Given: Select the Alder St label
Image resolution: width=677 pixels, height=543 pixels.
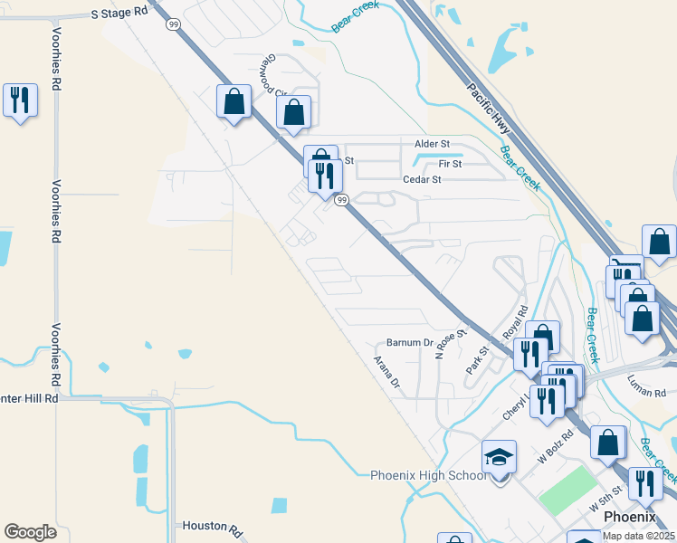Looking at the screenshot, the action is click(x=432, y=144).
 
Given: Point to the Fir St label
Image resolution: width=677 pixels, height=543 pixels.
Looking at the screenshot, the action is click(x=450, y=164).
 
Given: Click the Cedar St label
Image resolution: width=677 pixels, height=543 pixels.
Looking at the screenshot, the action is click(x=422, y=179).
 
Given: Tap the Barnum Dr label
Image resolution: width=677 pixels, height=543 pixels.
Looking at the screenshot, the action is click(x=410, y=342).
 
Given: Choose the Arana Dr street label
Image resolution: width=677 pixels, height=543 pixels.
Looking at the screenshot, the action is click(x=386, y=371).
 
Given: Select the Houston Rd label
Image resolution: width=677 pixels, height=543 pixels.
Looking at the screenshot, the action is click(x=209, y=525).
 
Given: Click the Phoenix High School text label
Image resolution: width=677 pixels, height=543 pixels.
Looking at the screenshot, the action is click(x=429, y=476).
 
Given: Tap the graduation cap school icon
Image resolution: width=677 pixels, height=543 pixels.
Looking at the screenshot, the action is click(x=499, y=458).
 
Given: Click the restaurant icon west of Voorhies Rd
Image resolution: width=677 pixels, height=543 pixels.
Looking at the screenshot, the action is click(x=20, y=100).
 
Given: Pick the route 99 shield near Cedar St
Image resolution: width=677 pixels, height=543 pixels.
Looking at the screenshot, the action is click(x=342, y=200).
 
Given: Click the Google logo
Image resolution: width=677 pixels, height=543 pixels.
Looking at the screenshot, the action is click(x=30, y=532).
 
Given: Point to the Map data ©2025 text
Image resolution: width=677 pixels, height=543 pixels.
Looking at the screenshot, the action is click(x=639, y=537).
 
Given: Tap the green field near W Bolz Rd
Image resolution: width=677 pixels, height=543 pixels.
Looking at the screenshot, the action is click(x=567, y=490).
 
